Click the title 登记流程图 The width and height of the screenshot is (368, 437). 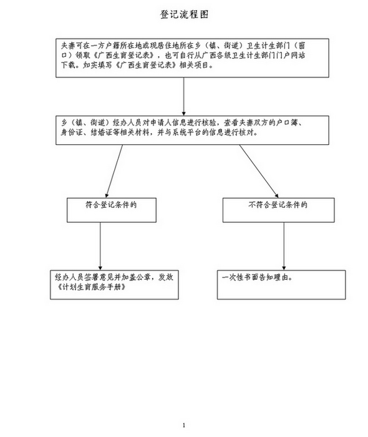point(184,14)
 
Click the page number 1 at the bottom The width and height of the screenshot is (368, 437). point(184,425)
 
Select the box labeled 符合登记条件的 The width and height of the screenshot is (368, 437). point(112,210)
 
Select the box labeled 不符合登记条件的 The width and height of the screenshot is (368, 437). point(278,210)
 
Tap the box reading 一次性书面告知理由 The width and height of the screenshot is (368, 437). point(281,285)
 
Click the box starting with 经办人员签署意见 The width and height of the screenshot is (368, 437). point(114,285)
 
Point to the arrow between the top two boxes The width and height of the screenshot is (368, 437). point(184,96)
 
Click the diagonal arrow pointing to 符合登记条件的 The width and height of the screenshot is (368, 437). point(114,171)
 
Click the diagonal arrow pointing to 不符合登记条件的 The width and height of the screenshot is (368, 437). point(259,171)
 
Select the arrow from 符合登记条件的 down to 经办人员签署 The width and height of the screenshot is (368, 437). point(100,246)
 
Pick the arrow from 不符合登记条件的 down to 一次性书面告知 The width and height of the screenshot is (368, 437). point(284,246)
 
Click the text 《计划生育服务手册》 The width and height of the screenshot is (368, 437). point(90,287)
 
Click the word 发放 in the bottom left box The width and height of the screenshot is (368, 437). point(166,277)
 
